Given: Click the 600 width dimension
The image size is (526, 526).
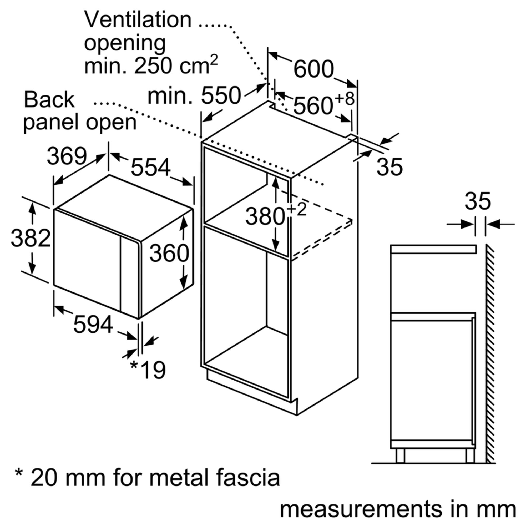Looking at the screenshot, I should [x=313, y=69].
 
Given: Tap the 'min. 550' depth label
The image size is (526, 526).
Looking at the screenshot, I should [x=194, y=95].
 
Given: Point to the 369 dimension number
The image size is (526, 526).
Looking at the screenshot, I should [x=67, y=156].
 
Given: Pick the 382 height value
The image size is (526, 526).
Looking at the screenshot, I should [x=31, y=238].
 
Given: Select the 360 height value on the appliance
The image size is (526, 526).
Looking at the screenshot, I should [x=169, y=253].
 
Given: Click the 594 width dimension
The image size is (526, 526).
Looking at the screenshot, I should [x=93, y=324].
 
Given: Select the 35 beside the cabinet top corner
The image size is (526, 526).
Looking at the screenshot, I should [x=389, y=167].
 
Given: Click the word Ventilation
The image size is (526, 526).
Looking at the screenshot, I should [x=138, y=20].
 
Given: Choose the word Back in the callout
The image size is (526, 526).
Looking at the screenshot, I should [x=49, y=100].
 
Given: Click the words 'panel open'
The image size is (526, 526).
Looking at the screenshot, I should [x=80, y=123].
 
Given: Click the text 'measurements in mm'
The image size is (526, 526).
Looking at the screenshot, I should [x=398, y=509].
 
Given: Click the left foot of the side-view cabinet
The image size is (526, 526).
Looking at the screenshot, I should [x=400, y=456].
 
